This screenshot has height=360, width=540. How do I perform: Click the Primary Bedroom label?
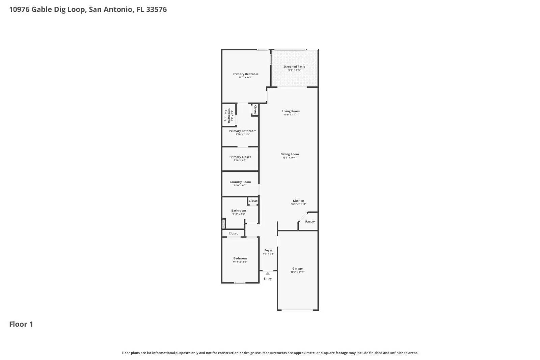tap(245, 74)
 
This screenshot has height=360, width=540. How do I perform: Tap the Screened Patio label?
tap(294, 67)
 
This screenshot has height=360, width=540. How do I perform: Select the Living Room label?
tap(291, 111)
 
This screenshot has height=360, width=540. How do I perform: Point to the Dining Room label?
tap(290, 154)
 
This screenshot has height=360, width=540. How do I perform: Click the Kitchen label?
tap(298, 201)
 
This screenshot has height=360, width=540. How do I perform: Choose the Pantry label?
tap(310, 222)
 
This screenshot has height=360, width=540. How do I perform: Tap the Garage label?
tap(297, 269)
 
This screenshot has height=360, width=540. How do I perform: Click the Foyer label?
tap(268, 250)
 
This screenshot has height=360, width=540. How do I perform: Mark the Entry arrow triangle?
tap(268, 273)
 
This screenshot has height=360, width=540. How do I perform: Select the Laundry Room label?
tap(240, 182)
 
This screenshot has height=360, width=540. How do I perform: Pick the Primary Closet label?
tap(240, 157)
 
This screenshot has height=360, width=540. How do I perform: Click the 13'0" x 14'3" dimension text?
tap(245, 78)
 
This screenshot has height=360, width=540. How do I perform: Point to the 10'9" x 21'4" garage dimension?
tap(297, 272)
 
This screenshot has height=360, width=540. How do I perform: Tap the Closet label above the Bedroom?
tap(233, 233)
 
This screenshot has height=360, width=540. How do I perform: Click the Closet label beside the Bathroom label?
tap(253, 201)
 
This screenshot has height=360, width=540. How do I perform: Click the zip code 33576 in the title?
tap(156, 9)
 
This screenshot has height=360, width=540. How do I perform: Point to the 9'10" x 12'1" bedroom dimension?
tap(240, 262)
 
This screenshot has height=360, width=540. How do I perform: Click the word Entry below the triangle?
tap(268, 279)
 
